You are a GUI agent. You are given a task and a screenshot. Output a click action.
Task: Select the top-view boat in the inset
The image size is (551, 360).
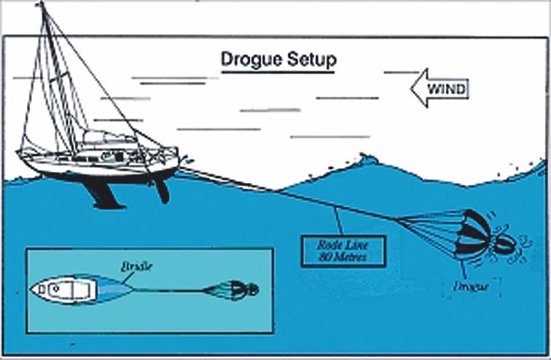[x=69, y=289]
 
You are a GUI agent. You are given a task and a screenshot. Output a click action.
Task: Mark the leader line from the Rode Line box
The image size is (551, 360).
[x=339, y=219]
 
